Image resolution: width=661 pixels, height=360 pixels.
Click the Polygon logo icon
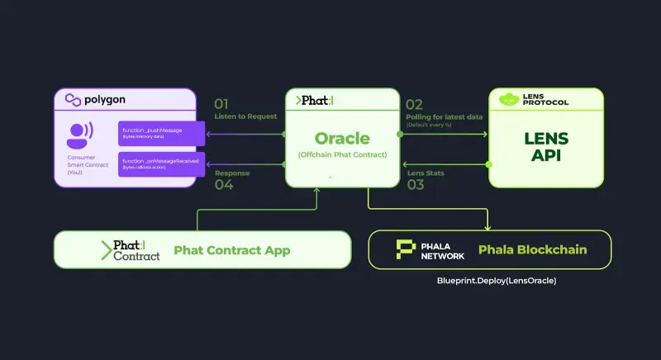click(71, 101)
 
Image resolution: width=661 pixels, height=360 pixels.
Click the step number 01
click(221, 105)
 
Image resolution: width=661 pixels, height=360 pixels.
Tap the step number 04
click(223, 185)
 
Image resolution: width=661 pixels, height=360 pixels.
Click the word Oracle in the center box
click(342, 138)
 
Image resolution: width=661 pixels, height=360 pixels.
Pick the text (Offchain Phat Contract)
click(342, 155)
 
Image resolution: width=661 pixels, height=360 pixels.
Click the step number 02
click(414, 105)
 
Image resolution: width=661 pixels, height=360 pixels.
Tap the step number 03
click(415, 185)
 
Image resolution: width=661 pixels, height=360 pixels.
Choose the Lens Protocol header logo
click(546, 100)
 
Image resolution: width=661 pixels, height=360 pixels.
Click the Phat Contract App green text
click(231, 250)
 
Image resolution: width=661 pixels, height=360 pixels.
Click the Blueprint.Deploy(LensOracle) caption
click(497, 281)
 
